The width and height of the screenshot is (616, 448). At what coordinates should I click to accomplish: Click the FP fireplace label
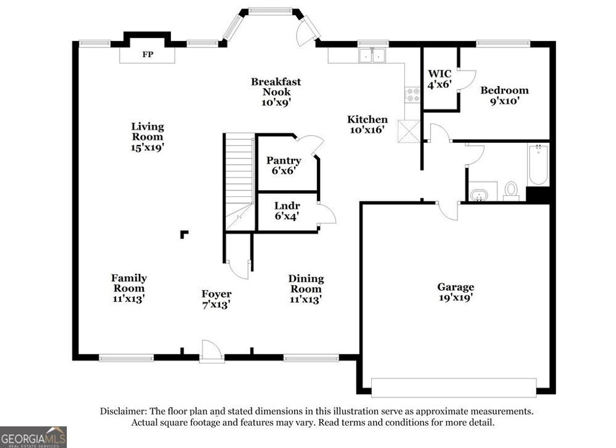coord(147,55)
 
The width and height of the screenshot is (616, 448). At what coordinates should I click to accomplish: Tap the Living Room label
coord(148,136)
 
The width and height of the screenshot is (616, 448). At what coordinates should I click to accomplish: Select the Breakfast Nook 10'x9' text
coord(276,92)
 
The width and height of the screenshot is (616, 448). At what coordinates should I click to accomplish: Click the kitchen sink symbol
coord(372,56)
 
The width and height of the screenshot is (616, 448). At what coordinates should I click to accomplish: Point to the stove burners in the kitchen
coord(413,95)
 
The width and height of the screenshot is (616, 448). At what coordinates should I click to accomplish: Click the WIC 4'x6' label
coord(440,79)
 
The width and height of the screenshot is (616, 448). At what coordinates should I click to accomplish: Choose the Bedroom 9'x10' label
coord(504,95)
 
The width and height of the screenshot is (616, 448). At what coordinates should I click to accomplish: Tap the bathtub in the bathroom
coord(538,164)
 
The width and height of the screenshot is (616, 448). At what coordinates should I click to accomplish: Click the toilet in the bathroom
coord(511,190)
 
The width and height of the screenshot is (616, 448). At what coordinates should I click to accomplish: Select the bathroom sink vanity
coord(482,193)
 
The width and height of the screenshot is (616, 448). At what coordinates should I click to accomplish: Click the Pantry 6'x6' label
coord(284,166)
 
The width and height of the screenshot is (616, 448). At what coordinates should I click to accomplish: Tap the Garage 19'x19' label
coord(455,292)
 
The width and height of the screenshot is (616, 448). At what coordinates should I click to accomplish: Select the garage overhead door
coord(454,387)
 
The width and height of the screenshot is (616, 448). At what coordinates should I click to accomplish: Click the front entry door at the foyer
coord(212,352)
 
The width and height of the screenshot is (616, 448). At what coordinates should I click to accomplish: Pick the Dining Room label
coord(306,288)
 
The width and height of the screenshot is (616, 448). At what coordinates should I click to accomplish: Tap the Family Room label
coord(129,288)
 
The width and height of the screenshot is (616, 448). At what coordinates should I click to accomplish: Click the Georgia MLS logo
coord(33,437)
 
